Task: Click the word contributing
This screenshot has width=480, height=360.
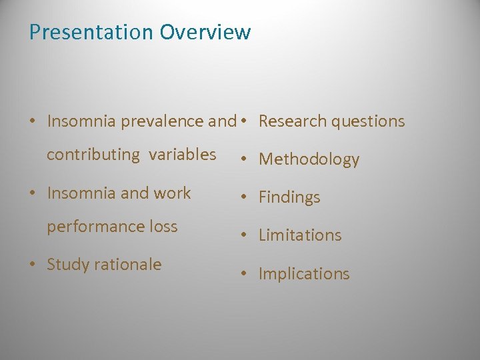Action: coord(93,155)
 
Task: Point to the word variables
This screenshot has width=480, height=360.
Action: coord(182,155)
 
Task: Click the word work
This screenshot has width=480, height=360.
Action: coord(172,193)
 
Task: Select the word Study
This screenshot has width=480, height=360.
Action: coord(67,265)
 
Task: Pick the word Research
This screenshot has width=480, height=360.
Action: coord(291,121)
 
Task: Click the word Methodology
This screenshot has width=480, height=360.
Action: coord(309,159)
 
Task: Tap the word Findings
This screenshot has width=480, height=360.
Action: coord(289,197)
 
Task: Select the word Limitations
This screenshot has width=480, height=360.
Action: coord(300,235)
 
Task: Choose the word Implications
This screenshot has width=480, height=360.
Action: coord(304,274)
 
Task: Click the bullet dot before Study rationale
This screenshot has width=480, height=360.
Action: coord(33,265)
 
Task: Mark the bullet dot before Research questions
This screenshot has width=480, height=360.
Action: coord(245,121)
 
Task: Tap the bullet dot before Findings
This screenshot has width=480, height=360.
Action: coord(245,198)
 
